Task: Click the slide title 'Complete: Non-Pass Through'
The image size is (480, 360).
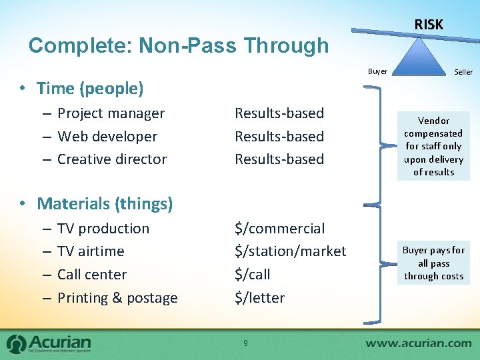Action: click(179, 45)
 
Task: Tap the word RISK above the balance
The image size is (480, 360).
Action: click(428, 25)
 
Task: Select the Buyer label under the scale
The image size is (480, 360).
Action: click(377, 71)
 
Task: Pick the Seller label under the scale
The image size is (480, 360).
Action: click(463, 72)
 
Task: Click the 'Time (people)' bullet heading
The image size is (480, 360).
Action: click(89, 88)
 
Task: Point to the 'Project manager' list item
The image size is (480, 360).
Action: click(111, 113)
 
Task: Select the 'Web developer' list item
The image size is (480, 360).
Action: click(107, 136)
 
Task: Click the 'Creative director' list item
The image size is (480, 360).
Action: click(111, 159)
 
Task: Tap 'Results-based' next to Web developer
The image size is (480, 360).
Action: click(279, 136)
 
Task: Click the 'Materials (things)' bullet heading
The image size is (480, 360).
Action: click(104, 203)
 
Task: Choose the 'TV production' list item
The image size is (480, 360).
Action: click(103, 228)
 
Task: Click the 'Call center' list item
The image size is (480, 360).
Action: click(92, 274)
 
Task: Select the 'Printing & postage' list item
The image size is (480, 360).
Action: click(117, 297)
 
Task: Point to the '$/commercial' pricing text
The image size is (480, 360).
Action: click(279, 228)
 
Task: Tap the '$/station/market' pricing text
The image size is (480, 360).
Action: click(290, 251)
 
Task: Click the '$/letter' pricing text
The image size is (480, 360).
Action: click(259, 297)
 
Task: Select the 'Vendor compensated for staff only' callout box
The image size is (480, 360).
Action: click(433, 146)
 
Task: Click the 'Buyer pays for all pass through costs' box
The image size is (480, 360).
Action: click(433, 263)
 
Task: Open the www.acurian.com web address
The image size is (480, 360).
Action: click(419, 344)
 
